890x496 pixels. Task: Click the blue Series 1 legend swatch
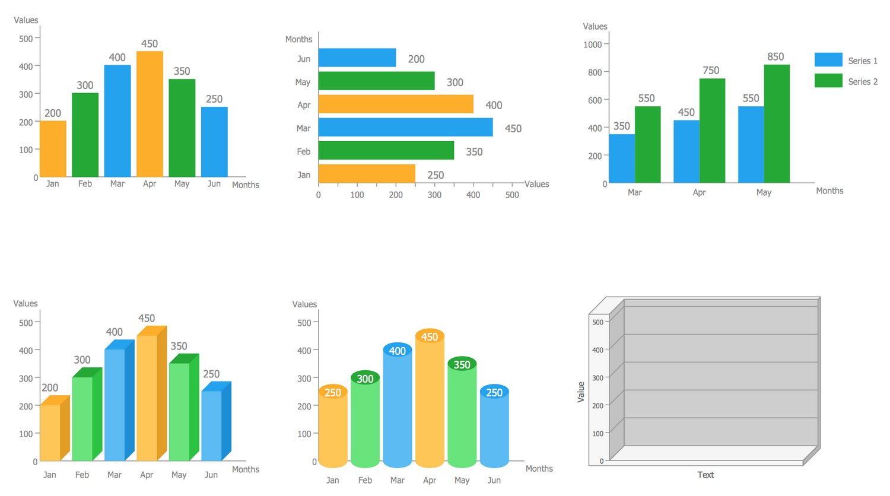tap(828, 59)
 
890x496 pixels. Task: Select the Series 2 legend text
tap(862, 81)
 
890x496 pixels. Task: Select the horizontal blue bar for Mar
tap(405, 128)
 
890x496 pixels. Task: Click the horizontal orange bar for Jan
tap(367, 174)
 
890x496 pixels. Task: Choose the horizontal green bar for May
tap(376, 81)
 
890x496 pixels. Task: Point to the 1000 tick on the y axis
tap(592, 44)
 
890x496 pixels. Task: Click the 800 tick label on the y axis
tap(594, 72)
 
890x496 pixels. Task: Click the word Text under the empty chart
tap(705, 475)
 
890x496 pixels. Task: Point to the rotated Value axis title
tap(581, 392)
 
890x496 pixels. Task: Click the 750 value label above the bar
tap(711, 71)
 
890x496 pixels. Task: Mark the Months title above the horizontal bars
tap(298, 39)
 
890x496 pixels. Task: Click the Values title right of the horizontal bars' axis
tap(536, 184)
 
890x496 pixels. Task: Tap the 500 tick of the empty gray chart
tap(597, 322)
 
